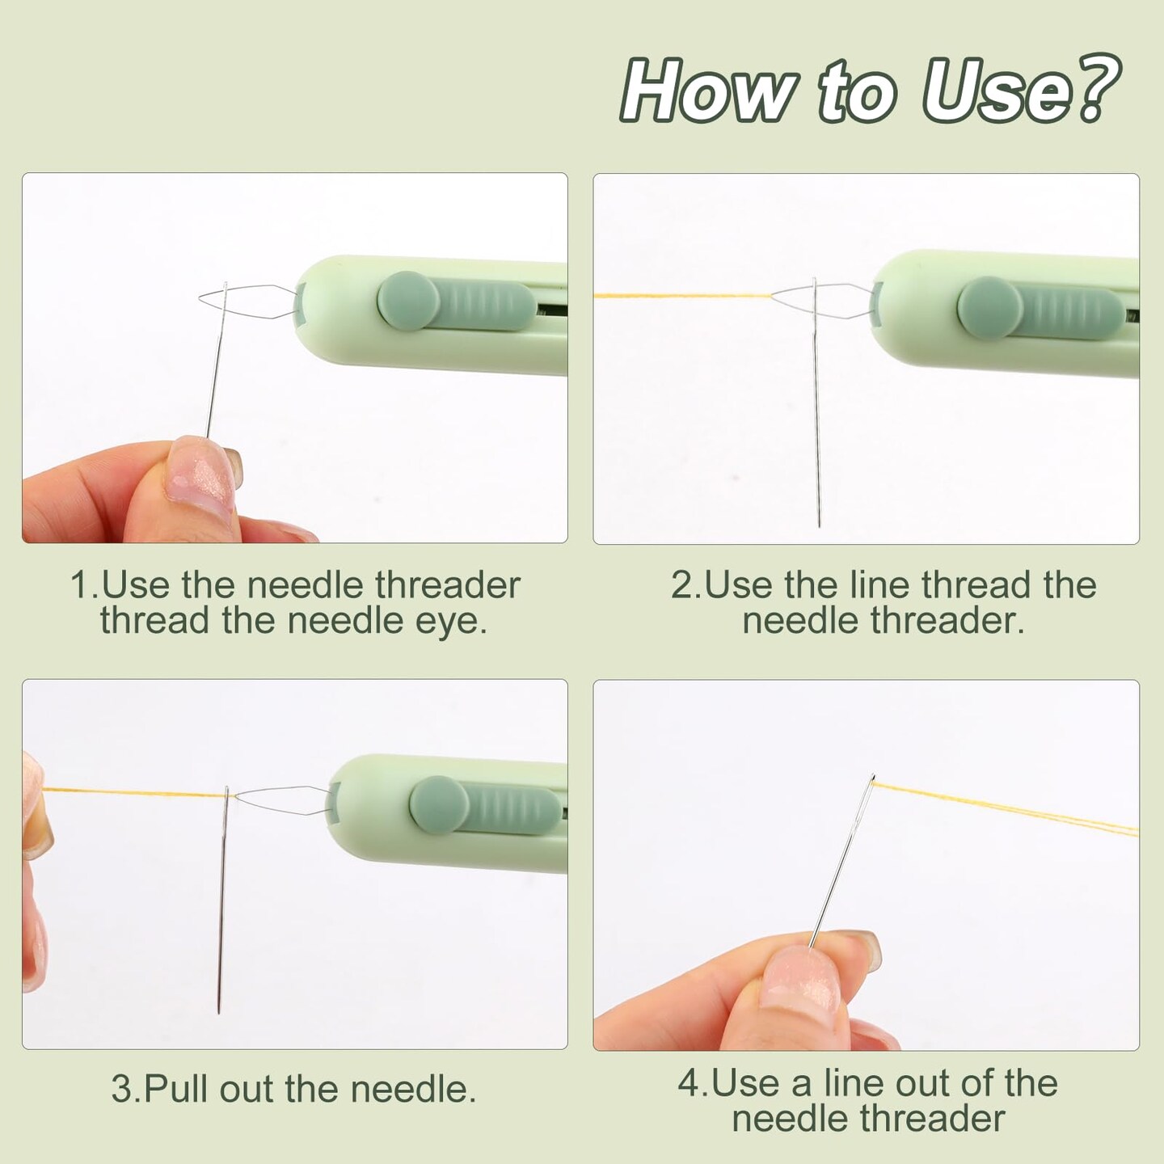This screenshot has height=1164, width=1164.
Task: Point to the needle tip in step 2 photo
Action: pos(819,525)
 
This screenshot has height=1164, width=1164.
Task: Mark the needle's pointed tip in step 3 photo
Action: pos(218,1010)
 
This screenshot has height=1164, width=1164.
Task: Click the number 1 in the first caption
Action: pos(80,585)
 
